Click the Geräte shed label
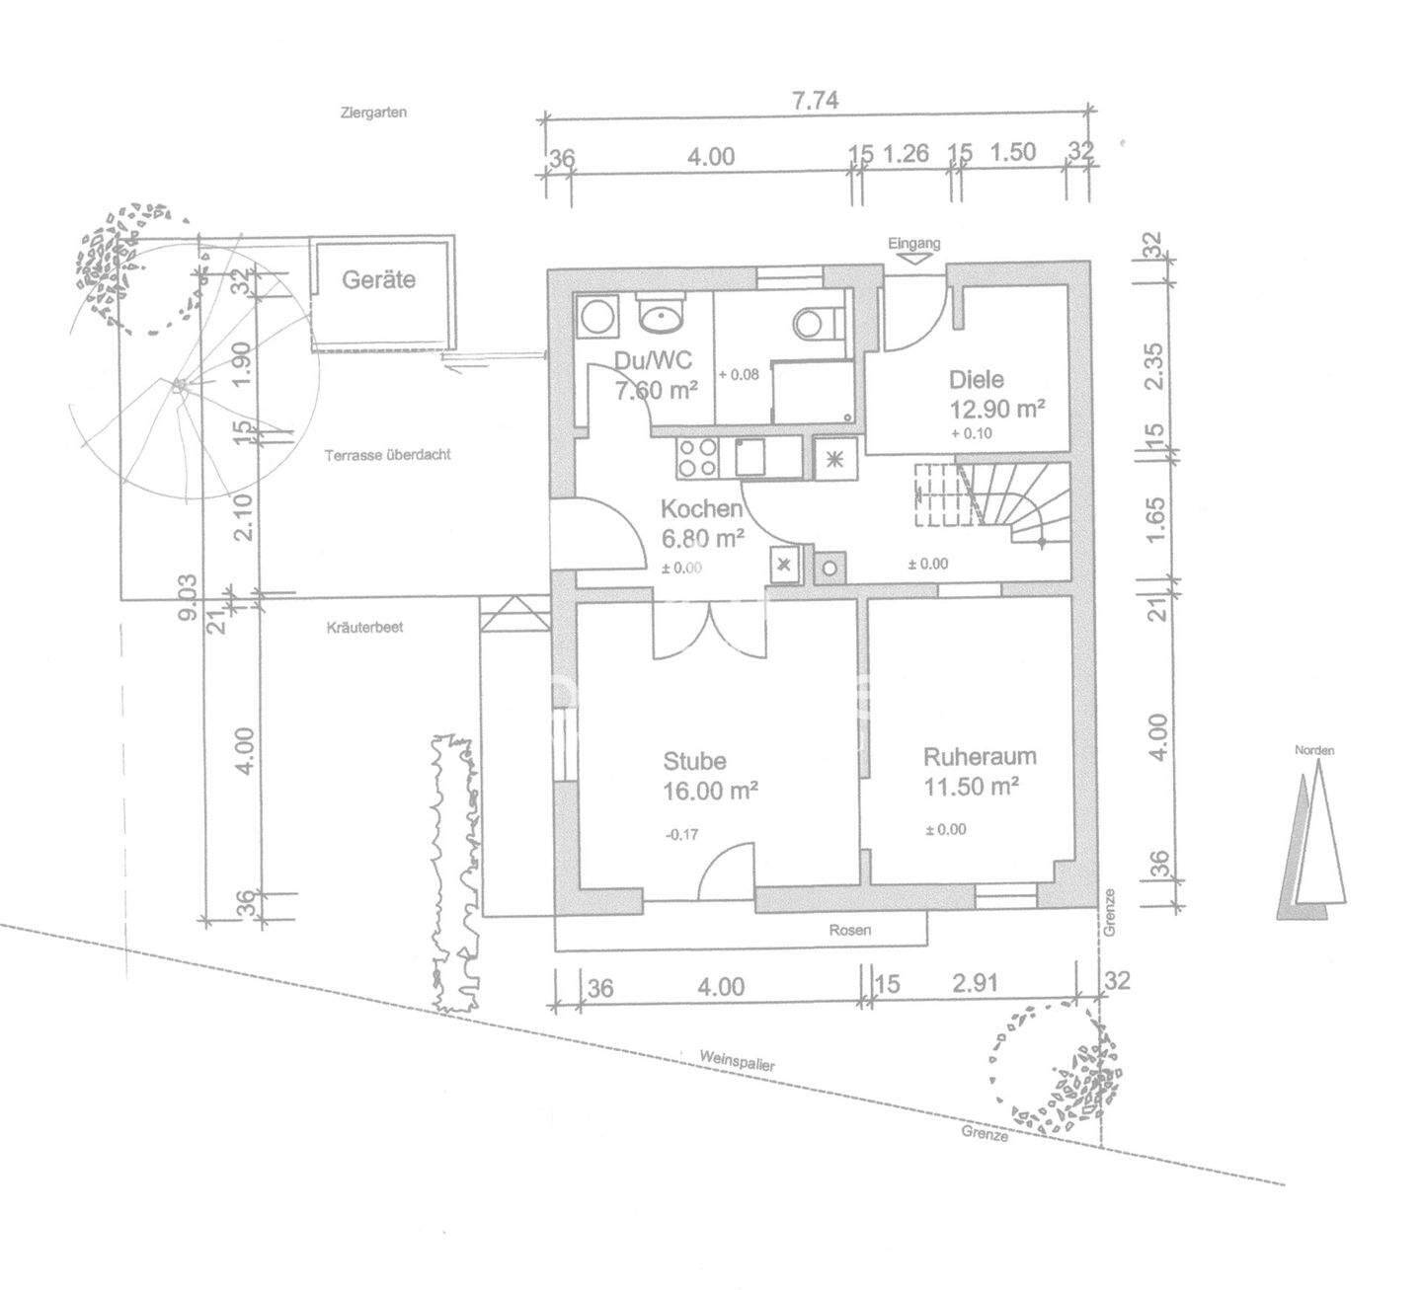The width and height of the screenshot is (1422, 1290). point(378,280)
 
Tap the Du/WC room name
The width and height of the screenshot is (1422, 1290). point(653,360)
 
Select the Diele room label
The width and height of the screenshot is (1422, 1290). point(977,380)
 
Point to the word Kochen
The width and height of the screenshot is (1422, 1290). point(701,509)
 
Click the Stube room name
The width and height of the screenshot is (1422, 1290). point(694,761)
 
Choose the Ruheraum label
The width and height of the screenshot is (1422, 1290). point(980,757)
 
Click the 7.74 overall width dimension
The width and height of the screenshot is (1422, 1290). point(815,102)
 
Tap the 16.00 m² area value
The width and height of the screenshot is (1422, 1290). point(711,791)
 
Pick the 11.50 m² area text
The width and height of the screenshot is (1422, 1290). point(972,787)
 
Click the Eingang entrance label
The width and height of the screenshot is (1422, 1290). point(914,243)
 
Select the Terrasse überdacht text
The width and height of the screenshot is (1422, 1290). point(388,455)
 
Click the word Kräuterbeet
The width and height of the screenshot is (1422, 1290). point(365,628)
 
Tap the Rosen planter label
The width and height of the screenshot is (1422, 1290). point(850,930)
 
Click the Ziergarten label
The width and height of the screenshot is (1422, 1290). point(373,113)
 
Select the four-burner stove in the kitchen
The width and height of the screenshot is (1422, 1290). point(697,457)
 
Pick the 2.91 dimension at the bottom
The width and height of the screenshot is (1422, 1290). point(976,983)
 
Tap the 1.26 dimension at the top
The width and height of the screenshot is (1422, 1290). point(905,153)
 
